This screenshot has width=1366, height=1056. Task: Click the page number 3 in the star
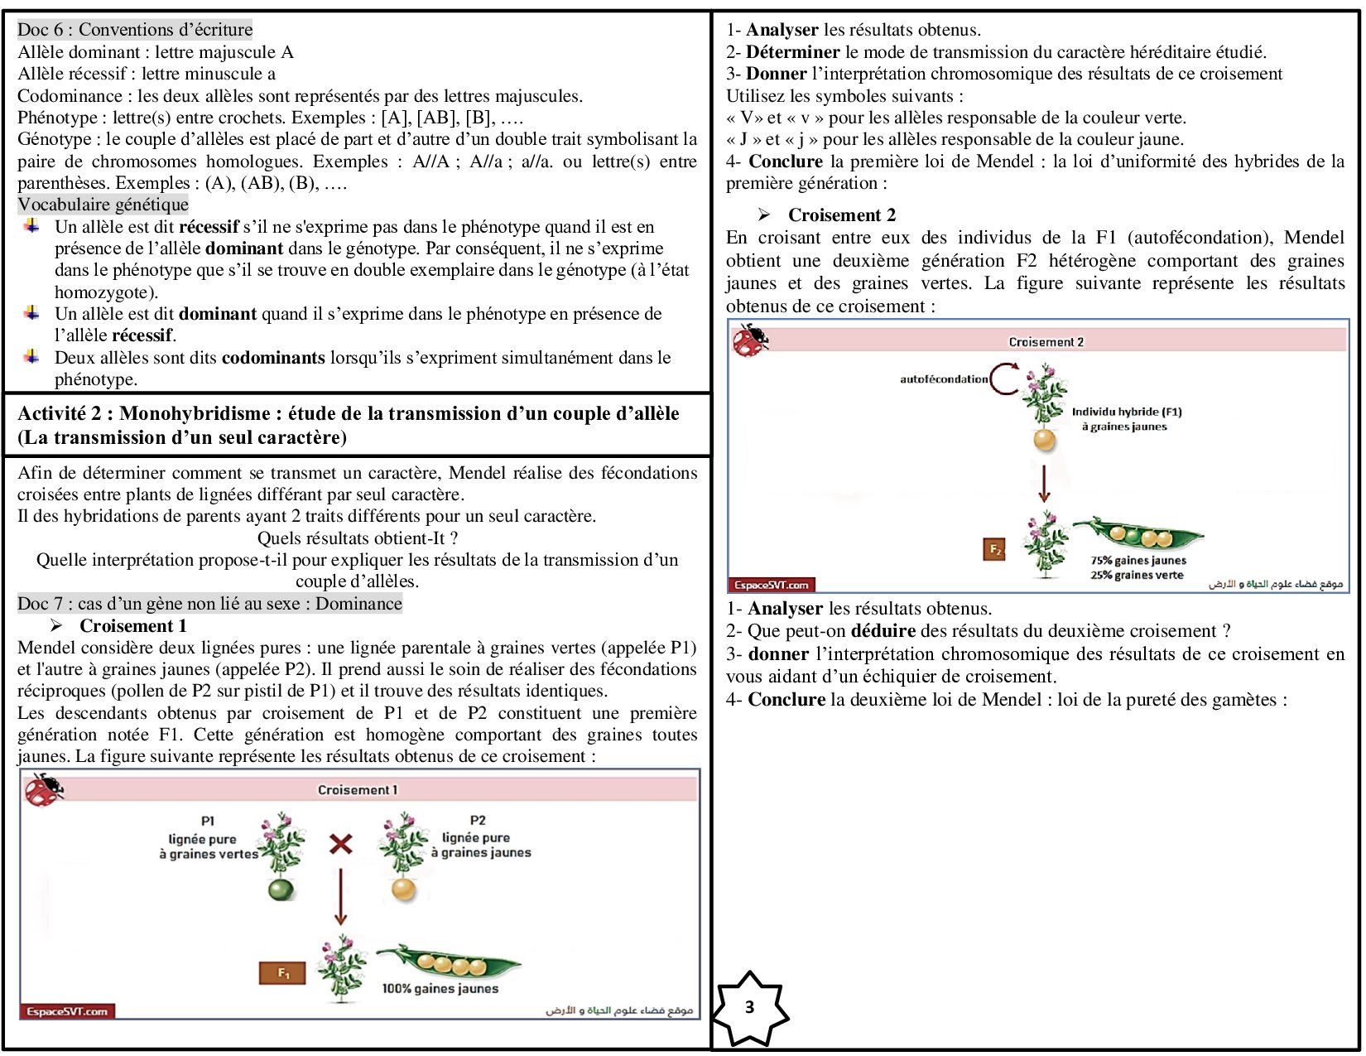(749, 1007)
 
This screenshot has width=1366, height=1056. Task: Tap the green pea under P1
(281, 890)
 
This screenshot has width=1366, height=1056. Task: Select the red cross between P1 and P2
(340, 844)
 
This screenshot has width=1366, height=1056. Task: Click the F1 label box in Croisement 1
(282, 973)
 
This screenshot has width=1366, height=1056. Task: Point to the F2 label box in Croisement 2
(994, 549)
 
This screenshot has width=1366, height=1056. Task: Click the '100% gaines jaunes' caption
(440, 988)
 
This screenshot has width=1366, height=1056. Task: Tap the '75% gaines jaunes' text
(1138, 561)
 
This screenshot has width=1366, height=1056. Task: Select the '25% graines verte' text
(1137, 576)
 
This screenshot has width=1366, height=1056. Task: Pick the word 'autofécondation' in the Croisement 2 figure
(944, 379)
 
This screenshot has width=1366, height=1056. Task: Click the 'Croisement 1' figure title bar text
(358, 790)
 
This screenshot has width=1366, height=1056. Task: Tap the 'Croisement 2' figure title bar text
(1046, 342)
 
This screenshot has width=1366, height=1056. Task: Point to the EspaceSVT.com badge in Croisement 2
(771, 585)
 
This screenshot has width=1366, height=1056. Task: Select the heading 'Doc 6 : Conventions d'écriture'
(135, 30)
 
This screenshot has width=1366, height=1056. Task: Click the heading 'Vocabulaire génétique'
(103, 205)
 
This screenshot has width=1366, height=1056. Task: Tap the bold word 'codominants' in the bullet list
(273, 358)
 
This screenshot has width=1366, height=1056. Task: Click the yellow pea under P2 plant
(403, 890)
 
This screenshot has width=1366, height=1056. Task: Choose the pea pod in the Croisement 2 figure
(1138, 535)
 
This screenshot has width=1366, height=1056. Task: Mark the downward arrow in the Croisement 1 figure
(339, 897)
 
